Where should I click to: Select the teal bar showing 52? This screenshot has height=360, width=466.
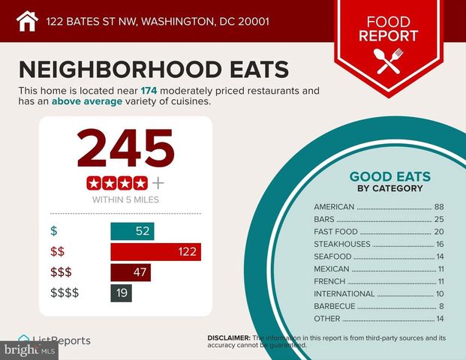pyautogui.click(x=132, y=231)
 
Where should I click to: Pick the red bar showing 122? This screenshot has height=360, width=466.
pyautogui.click(x=155, y=252)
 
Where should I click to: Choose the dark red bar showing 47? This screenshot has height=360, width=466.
pyautogui.click(x=131, y=272)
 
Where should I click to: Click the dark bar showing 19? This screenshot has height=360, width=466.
pyautogui.click(x=122, y=292)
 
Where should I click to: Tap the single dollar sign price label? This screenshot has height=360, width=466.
pyautogui.click(x=53, y=231)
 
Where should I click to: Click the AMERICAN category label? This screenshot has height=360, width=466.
pyautogui.click(x=334, y=207)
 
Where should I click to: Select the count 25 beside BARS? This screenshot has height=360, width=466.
pyautogui.click(x=439, y=219)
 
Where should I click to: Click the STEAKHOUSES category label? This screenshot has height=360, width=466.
pyautogui.click(x=342, y=244)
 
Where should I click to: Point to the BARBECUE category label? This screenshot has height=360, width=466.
pyautogui.click(x=336, y=306)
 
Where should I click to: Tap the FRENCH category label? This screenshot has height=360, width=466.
pyautogui.click(x=330, y=281)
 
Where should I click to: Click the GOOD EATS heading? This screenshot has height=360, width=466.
pyautogui.click(x=389, y=178)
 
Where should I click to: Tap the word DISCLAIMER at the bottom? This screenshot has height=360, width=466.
pyautogui.click(x=229, y=338)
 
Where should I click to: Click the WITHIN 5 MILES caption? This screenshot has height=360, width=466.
pyautogui.click(x=125, y=200)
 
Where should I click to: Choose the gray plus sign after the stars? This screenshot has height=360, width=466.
pyautogui.click(x=158, y=183)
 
